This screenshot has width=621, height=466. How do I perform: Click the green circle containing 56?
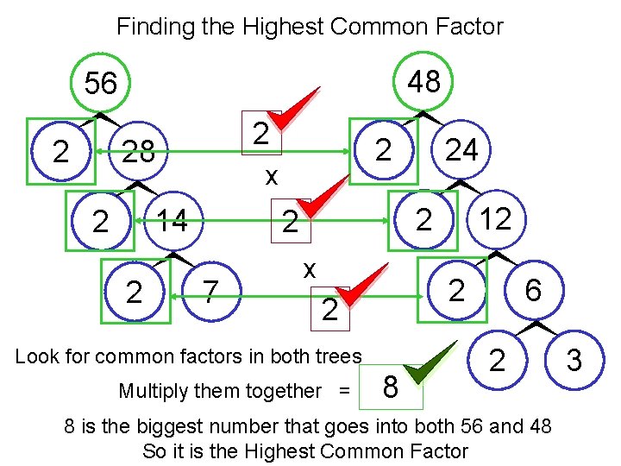pos(101,83)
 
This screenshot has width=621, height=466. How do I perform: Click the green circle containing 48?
pos(423,81)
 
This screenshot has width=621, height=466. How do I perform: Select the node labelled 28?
pos(138,152)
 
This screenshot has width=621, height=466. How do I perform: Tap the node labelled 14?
pos(172,221)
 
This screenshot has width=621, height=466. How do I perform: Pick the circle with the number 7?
pos(208,291)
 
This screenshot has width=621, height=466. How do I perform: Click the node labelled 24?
pos(461,150)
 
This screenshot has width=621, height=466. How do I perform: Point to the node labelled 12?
pos(495,219)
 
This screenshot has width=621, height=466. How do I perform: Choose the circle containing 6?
pos(532,290)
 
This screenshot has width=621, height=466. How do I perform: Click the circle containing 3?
pos(573,358)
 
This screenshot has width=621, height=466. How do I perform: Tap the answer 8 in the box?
pos(390,387)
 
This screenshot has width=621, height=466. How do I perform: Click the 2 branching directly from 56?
pos(60,152)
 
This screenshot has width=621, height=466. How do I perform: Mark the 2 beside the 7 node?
pos(134,293)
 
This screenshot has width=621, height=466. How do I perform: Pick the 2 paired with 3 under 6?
pos(497,358)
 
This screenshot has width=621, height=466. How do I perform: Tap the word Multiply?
pos(149,391)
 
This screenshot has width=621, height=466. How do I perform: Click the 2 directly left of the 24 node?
pos(385,150)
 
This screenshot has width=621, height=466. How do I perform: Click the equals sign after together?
pos(345,391)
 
